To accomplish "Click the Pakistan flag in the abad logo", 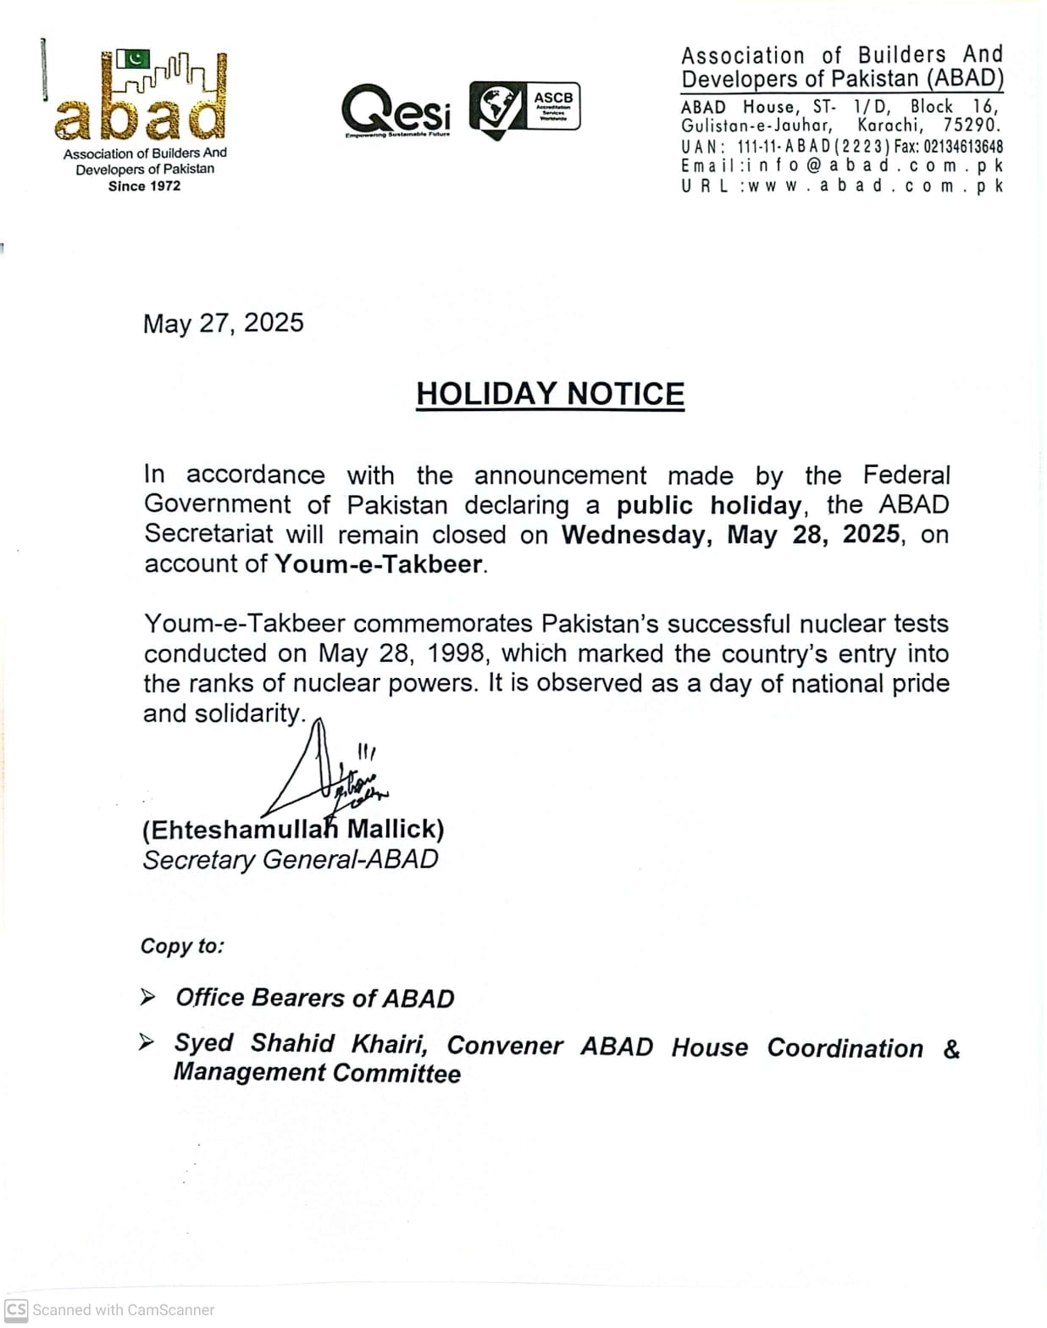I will point(132,59).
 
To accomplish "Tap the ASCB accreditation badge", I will point(525,108).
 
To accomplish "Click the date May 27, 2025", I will point(223,323).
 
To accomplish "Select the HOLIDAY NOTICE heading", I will point(550,394).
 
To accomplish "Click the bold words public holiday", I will point(708,505).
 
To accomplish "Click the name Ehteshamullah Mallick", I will point(293,829).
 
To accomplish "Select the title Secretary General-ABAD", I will point(291,859).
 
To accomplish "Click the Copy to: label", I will point(182,946).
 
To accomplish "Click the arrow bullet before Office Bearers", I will point(147,997).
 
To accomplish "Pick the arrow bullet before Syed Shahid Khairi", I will point(147,1042).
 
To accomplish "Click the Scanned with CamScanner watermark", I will point(110,1309).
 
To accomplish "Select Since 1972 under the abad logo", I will point(144,186).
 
